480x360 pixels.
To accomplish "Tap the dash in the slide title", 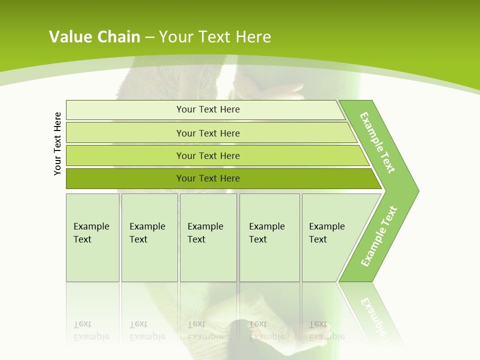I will coord(149,37).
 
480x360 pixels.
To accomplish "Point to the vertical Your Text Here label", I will coord(57,143).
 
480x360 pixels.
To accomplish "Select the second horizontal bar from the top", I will coord(207,133).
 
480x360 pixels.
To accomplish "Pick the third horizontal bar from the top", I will coord(207,155).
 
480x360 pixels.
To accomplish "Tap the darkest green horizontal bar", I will coord(207,178).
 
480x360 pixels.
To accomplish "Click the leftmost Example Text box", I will coord(92,237).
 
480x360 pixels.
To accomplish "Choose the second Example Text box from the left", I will coord(149,237).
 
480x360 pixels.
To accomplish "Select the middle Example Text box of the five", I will coord(208,237).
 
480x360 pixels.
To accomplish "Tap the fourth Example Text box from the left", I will coord(269,237).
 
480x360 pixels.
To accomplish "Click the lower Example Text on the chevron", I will coord(379,236).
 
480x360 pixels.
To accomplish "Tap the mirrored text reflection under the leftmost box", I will coord(91,330).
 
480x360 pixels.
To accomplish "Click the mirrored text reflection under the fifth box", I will coord(326,330).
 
